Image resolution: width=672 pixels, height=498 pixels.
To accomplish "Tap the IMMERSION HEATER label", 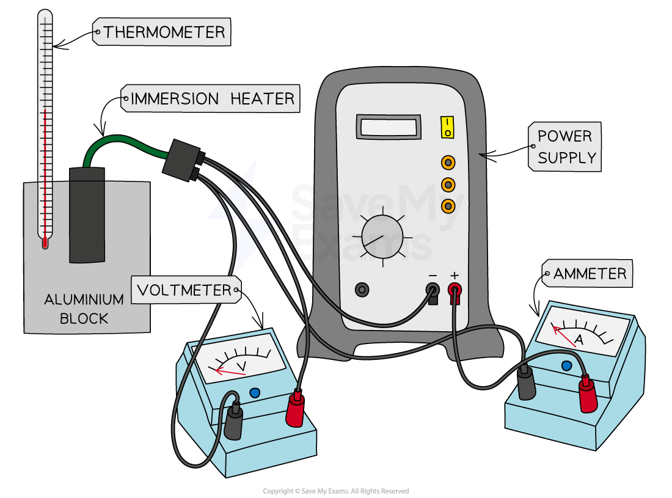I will tap(211, 98).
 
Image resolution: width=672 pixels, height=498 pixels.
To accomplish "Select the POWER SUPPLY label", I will tap(564, 147).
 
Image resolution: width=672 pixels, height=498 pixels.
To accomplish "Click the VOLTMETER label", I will tap(185, 290).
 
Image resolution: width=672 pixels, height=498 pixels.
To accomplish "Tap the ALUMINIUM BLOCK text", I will tap(84, 309).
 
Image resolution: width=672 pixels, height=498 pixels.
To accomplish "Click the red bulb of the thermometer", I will tap(45, 243).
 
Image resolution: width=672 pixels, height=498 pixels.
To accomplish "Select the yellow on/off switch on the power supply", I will tap(448, 127).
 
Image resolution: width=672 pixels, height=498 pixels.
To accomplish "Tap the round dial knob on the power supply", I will tap(382, 236).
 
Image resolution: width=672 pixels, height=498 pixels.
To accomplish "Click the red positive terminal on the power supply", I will tap(455, 289).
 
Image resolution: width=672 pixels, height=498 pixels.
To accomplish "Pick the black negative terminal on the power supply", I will tap(433, 289).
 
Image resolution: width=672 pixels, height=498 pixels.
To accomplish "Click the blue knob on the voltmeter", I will tap(255, 393).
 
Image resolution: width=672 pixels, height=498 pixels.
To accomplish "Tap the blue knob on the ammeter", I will tap(566, 365).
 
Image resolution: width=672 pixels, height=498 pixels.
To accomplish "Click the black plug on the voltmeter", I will tap(234, 422).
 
